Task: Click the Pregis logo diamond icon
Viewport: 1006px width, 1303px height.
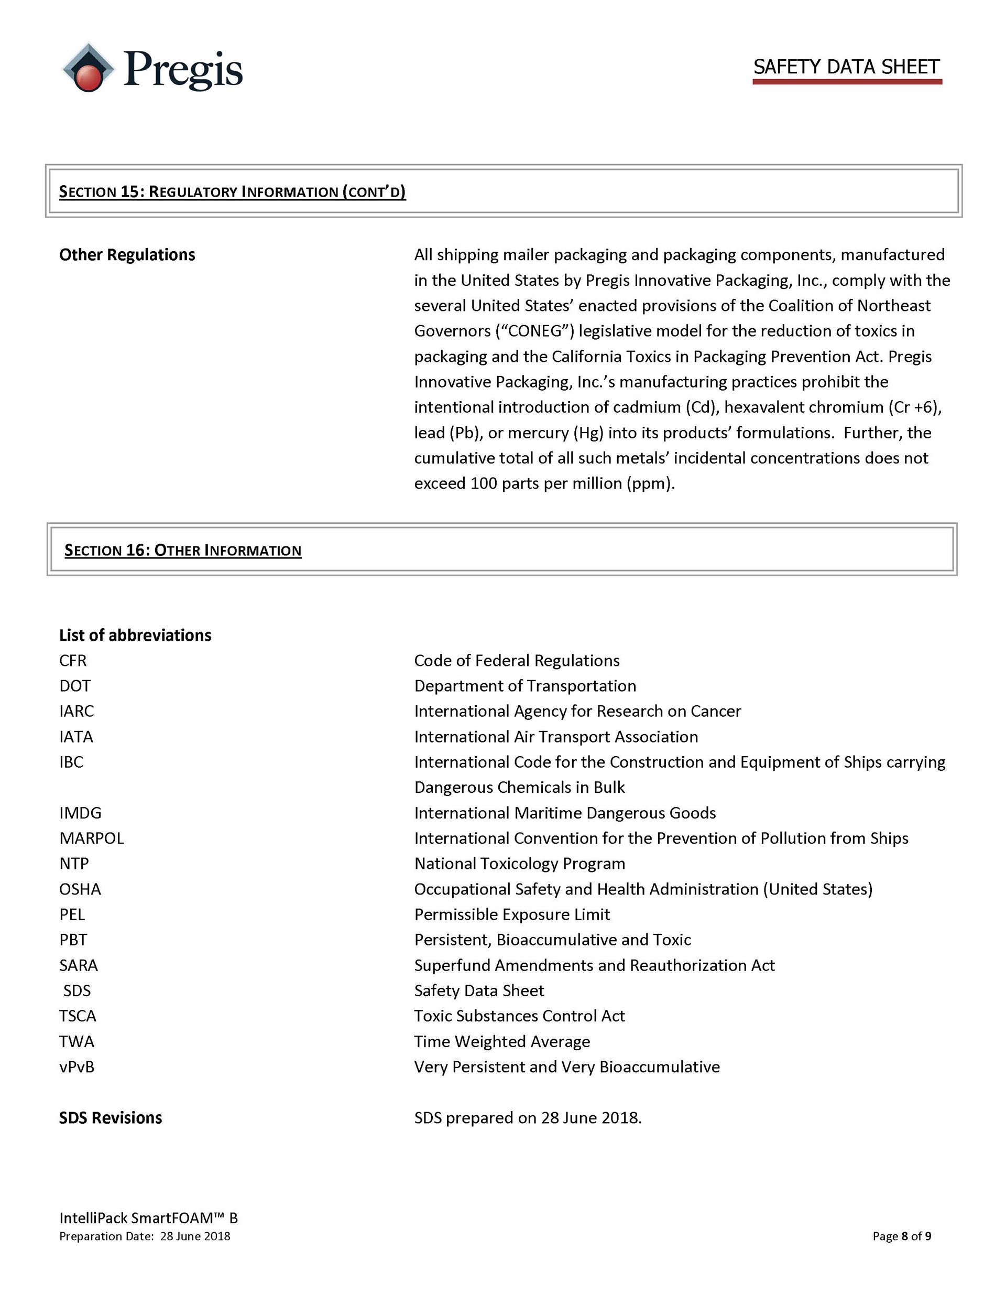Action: (88, 68)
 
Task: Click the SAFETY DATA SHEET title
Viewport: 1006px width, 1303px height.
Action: (846, 67)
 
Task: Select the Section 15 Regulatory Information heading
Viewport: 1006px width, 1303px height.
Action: (232, 191)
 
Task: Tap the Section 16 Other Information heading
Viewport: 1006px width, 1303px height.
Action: (182, 550)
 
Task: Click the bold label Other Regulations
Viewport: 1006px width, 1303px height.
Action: (127, 255)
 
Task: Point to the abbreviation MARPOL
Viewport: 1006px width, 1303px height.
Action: (92, 838)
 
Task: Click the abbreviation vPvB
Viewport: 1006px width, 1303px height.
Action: (77, 1067)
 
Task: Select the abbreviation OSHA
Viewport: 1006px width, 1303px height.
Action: (80, 889)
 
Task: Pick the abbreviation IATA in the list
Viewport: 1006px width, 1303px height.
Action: (76, 737)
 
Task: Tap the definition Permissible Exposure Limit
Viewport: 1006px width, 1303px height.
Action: (512, 914)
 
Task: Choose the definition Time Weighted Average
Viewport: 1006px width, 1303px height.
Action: (502, 1042)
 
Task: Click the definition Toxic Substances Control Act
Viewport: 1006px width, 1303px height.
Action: (519, 1016)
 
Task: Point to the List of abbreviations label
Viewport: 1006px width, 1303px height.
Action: (135, 636)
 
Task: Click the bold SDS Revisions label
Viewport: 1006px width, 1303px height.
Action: (111, 1117)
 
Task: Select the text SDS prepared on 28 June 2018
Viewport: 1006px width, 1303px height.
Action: (528, 1117)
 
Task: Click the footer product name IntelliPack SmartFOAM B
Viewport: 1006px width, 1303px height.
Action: (148, 1218)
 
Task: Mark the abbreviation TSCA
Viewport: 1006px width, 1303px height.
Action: (78, 1016)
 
